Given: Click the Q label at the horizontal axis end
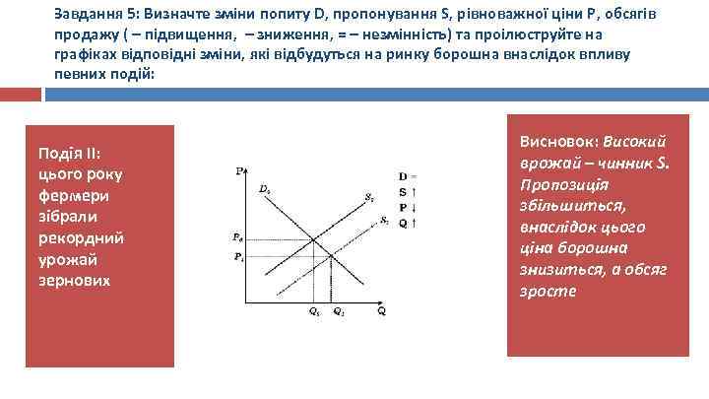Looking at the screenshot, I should pos(380,311).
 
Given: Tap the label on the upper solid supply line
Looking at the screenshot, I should pos(368,197).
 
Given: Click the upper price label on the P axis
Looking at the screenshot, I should pos(237,237).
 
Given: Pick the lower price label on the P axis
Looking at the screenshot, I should pos(237,257).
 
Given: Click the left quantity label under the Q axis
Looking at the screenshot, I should pos(314,311).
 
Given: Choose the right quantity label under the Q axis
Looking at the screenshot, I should pos(338,311).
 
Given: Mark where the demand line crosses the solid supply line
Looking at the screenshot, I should pos(314,238).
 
